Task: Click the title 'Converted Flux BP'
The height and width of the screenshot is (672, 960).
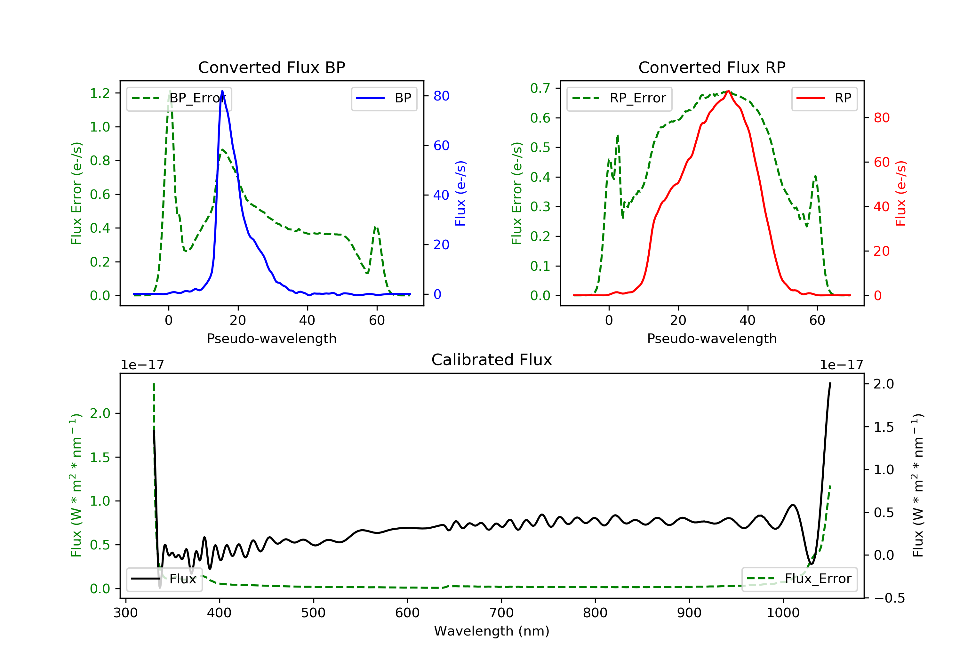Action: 271,67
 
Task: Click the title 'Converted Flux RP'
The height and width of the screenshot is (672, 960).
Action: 712,67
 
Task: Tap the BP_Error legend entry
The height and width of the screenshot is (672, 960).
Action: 179,98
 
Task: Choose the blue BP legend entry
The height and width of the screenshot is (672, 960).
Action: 384,98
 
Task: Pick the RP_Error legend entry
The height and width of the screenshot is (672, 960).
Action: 619,98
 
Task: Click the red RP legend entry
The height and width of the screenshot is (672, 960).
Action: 824,98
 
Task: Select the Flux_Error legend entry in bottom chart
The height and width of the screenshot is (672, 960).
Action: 799,579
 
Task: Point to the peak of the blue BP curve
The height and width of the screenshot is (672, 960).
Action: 222,91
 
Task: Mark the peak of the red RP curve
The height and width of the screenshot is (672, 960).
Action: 728,91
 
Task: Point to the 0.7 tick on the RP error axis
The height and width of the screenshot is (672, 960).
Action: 540,88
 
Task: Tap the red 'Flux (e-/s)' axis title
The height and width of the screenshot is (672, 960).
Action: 900,193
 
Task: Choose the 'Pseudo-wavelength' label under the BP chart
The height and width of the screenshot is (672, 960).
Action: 271,338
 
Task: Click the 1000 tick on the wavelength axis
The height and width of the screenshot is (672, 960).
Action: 783,613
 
